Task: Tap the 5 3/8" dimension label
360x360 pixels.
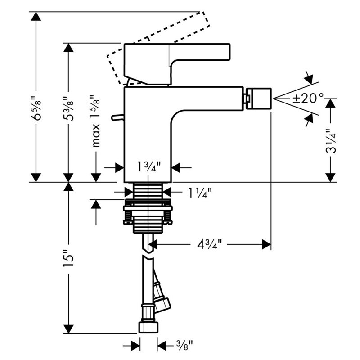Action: pos(69,108)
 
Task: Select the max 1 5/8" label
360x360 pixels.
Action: pos(95,121)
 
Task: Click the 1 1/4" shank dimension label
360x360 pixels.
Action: pos(199,193)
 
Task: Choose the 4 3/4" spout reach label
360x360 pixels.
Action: pos(209,244)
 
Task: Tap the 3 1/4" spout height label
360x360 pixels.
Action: pos(331,141)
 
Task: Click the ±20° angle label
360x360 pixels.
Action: pos(308,99)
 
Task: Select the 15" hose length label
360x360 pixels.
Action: pos(69,258)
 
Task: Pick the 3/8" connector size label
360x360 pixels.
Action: pos(184,345)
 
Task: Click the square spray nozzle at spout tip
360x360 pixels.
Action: pos(258,99)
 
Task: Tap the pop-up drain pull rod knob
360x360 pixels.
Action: pos(117,117)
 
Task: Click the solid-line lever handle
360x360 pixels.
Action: pos(177,64)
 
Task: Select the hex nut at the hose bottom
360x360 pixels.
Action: pos(148,328)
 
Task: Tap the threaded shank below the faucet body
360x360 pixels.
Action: pos(148,191)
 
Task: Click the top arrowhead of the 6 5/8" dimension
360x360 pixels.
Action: pos(36,16)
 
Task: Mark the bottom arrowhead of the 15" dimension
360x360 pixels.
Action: pos(68,329)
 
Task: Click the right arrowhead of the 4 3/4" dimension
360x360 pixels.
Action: pos(266,244)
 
